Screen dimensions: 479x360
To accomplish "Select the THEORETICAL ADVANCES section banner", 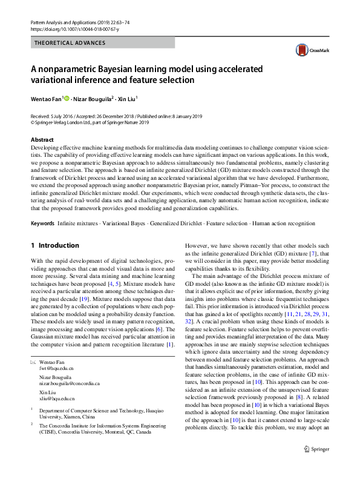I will [70, 43].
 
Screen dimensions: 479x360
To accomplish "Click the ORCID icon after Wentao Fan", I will [67, 98].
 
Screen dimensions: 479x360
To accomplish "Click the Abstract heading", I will [42, 140].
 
